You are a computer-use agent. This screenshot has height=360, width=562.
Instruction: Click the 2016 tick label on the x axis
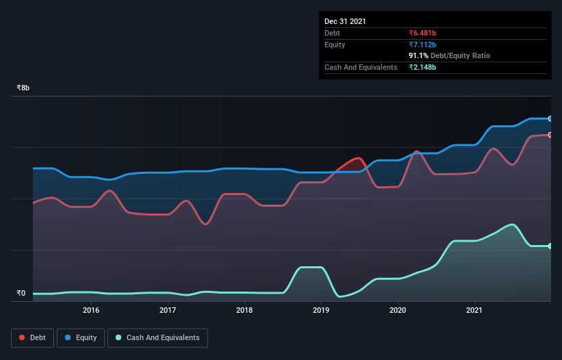pos(91,310)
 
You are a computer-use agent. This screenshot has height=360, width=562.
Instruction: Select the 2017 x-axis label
pos(168,310)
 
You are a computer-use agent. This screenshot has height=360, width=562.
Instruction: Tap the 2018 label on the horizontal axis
pos(244,310)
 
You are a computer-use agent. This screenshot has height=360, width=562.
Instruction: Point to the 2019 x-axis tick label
pos(321,310)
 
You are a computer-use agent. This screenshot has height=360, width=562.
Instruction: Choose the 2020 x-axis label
pos(398,310)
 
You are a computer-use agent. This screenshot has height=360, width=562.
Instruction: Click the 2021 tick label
pos(474,310)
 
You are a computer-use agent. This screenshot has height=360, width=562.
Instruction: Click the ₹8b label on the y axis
pos(23,88)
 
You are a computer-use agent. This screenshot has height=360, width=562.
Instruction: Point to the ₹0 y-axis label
pos(21,294)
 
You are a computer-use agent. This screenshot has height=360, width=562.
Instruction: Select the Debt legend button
pos(32,337)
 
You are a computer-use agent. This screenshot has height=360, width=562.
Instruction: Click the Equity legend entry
pos(81,337)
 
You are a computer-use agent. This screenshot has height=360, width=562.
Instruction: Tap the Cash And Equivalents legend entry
pos(157,337)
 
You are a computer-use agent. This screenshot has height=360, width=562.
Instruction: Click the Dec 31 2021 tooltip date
pos(345,21)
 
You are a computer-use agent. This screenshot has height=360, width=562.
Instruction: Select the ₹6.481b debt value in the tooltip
pos(422,33)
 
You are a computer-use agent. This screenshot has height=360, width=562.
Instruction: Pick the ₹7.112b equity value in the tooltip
pos(422,44)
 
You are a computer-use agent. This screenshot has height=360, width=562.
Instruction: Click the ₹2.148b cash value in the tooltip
pos(422,67)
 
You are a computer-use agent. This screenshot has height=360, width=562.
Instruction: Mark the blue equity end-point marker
pos(550,118)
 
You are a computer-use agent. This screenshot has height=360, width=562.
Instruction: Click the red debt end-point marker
pos(550,134)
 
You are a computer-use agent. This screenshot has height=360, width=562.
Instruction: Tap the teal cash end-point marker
pos(550,246)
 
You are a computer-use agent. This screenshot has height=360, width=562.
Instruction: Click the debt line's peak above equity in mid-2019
pos(358,158)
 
